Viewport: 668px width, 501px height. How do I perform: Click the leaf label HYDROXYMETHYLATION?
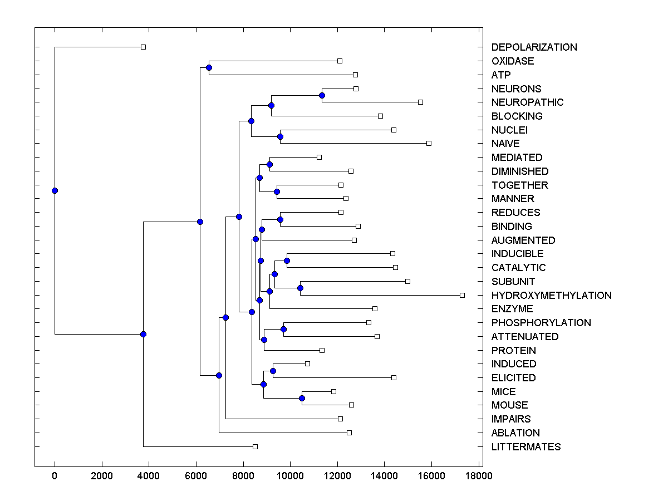[551, 296]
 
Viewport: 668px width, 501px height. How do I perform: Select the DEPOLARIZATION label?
[534, 47]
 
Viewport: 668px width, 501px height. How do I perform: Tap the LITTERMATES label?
[525, 447]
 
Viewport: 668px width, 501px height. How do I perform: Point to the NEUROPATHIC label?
[527, 102]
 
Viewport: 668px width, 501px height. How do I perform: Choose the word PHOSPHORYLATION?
[541, 323]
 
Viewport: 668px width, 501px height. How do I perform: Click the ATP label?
[500, 75]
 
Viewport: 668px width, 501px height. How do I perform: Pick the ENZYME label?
[512, 309]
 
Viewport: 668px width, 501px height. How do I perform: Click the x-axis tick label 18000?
[479, 476]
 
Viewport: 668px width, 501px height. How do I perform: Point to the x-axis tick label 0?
[55, 476]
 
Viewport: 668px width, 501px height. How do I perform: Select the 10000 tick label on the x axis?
[291, 476]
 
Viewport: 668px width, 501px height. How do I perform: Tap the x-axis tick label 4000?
[149, 476]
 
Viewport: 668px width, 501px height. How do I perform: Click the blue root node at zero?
[55, 190]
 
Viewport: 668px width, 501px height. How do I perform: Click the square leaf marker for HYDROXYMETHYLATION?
[462, 295]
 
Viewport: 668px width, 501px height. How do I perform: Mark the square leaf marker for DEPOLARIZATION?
[143, 47]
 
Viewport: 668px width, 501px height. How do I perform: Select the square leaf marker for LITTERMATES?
[255, 446]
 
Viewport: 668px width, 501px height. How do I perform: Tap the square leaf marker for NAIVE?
[429, 143]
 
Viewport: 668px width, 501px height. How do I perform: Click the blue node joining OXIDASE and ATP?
[209, 68]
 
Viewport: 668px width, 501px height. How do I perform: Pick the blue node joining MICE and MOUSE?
[302, 398]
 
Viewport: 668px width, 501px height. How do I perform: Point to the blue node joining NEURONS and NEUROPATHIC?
[322, 95]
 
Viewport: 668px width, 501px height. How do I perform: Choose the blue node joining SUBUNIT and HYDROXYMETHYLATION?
[300, 288]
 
